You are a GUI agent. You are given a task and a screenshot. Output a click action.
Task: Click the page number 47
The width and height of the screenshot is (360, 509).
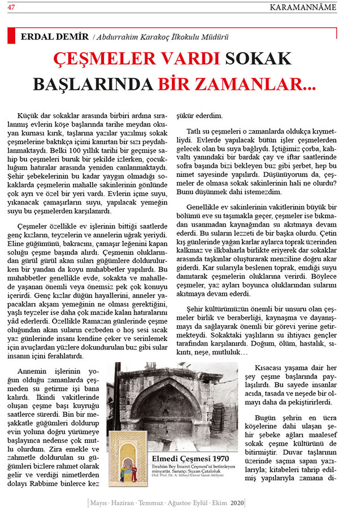pyautogui.click(x=11, y=7)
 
